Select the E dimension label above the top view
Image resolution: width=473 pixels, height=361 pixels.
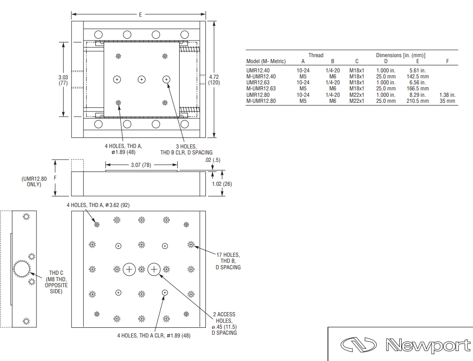140,14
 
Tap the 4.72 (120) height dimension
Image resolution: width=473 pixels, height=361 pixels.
214,80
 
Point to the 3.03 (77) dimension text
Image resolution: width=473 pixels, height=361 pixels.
63,80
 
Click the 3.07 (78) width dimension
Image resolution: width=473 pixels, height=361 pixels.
141,165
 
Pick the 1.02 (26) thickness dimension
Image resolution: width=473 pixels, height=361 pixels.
222,183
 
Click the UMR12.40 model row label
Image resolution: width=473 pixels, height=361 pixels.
258,71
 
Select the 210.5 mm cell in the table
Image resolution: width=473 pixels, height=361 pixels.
417,101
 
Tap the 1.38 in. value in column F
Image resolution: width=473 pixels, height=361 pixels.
447,95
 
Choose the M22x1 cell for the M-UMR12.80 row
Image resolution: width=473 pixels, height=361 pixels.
356,101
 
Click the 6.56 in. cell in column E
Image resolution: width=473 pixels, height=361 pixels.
417,83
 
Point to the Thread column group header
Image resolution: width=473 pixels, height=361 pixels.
316,55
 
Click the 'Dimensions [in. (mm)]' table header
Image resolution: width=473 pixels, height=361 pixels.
401,55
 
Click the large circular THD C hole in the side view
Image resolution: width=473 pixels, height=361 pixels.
22,268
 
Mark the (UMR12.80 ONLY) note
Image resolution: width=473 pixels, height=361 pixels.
34,181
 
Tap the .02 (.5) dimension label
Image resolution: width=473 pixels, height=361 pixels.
212,160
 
